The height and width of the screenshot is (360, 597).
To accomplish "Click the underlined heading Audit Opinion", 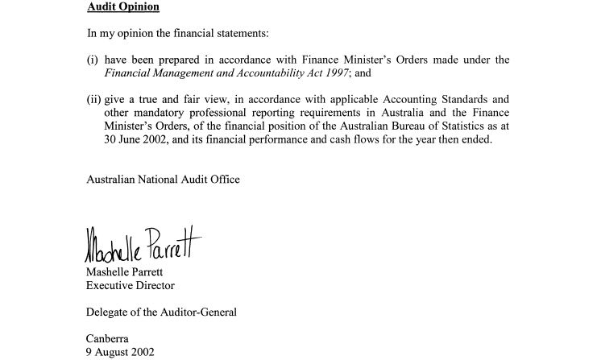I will [x=122, y=6].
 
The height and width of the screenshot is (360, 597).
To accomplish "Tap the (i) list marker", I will [x=92, y=60].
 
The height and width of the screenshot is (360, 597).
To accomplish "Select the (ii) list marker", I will [x=93, y=100].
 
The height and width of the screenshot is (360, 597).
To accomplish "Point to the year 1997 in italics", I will [x=334, y=72].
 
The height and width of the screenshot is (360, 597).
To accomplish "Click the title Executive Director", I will [x=131, y=285].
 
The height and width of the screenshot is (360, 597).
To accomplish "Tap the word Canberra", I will [x=107, y=339].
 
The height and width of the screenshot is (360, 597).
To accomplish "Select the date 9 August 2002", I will [x=121, y=352].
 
